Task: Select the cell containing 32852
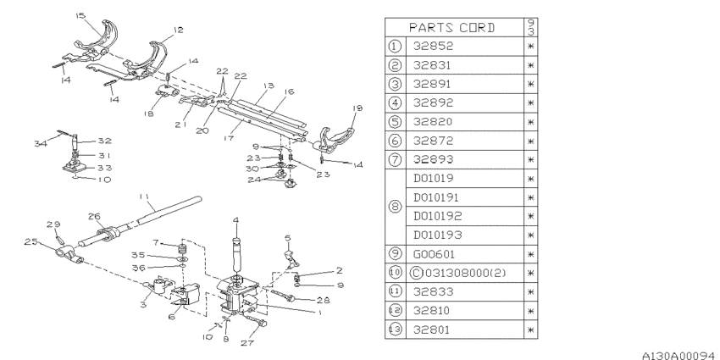click(465, 47)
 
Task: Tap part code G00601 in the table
click(465, 254)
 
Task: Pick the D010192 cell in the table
click(465, 216)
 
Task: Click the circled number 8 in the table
click(396, 207)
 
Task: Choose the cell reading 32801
click(465, 330)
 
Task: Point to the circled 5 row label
click(396, 122)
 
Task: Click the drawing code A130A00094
click(680, 355)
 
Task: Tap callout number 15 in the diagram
click(80, 16)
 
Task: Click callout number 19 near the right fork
click(357, 108)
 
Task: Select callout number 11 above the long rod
click(144, 197)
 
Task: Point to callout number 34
click(40, 144)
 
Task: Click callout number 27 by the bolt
click(247, 342)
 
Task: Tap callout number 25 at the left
click(30, 242)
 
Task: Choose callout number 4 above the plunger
click(235, 220)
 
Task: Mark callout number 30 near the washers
click(252, 169)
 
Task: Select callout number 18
click(148, 114)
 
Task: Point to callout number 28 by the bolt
click(323, 301)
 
